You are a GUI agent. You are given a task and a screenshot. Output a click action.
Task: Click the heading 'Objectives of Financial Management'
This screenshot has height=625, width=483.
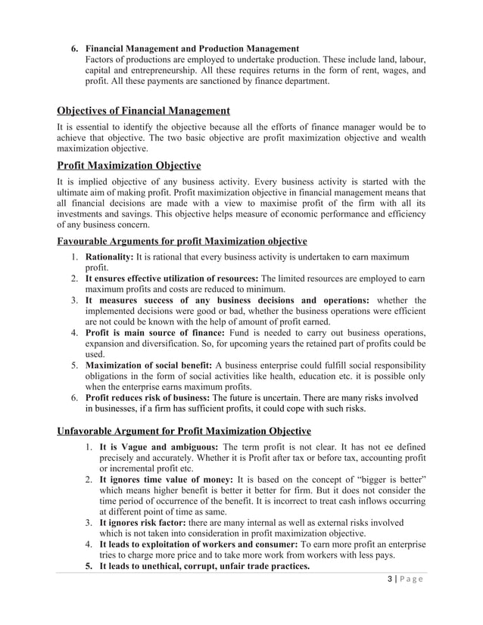pos(144,112)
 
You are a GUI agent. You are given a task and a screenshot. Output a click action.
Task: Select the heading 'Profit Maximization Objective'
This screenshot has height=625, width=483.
pos(129,165)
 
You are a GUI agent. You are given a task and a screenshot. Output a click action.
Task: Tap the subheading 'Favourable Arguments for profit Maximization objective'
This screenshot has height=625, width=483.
pos(182,241)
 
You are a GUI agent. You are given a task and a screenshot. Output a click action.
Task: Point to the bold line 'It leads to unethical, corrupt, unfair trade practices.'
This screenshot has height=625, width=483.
pos(204,566)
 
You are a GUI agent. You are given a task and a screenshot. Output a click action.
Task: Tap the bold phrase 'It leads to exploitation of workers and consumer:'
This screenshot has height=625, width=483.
pos(199,544)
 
